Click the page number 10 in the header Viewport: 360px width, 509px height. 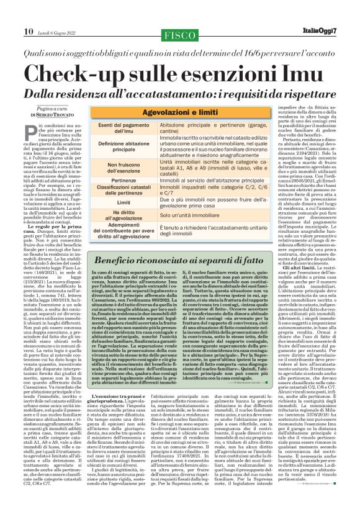click(x=29, y=14)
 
